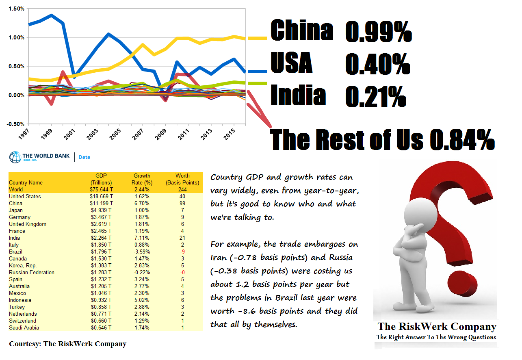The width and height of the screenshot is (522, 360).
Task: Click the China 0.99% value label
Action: tap(378, 32)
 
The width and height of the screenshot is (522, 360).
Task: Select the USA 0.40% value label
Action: tap(377, 64)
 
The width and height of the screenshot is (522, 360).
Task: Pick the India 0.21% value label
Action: tap(375, 96)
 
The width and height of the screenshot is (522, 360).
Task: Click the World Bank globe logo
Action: tap(15, 157)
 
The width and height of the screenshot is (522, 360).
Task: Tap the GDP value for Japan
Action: tap(101, 210)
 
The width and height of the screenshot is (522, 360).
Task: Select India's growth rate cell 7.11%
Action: tap(142, 238)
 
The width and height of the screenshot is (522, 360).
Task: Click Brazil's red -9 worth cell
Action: tap(182, 252)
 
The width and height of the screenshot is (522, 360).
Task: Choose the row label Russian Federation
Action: tap(31, 272)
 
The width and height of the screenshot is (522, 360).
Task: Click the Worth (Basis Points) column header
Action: tap(182, 179)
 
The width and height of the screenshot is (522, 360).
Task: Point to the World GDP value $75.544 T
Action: tap(101, 189)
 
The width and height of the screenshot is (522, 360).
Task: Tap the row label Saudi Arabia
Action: tap(24, 327)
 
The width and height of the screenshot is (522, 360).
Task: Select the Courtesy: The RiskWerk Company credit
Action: tap(67, 344)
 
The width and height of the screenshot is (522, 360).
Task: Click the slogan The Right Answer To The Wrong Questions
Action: tap(436, 337)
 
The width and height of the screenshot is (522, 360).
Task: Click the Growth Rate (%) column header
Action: tap(142, 179)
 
